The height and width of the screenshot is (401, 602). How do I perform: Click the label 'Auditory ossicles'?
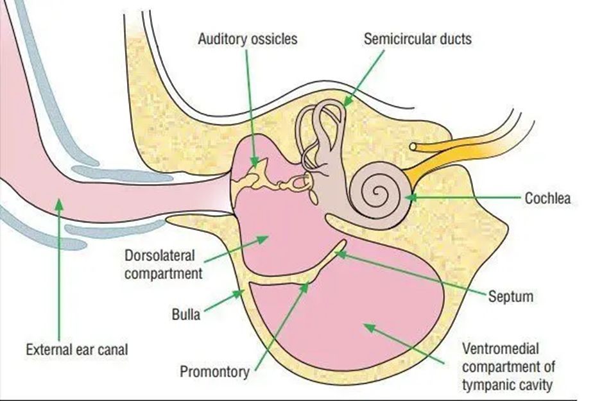pyautogui.click(x=247, y=38)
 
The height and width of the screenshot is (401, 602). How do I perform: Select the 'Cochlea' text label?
pyautogui.click(x=547, y=198)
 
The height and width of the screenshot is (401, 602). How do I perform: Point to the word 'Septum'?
pyautogui.click(x=510, y=297)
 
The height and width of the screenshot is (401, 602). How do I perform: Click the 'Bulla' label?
pyautogui.click(x=187, y=315)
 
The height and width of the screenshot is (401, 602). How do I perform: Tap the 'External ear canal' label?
pyautogui.click(x=76, y=350)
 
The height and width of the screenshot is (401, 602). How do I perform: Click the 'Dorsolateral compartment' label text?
pyautogui.click(x=164, y=264)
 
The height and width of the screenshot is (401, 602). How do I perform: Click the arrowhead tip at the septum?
pyautogui.click(x=338, y=253)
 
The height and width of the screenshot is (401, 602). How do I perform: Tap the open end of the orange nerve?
pyautogui.click(x=415, y=146)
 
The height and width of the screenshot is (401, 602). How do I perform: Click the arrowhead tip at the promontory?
pyautogui.click(x=307, y=285)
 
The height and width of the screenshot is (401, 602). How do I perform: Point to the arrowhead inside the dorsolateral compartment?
pyautogui.click(x=264, y=238)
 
